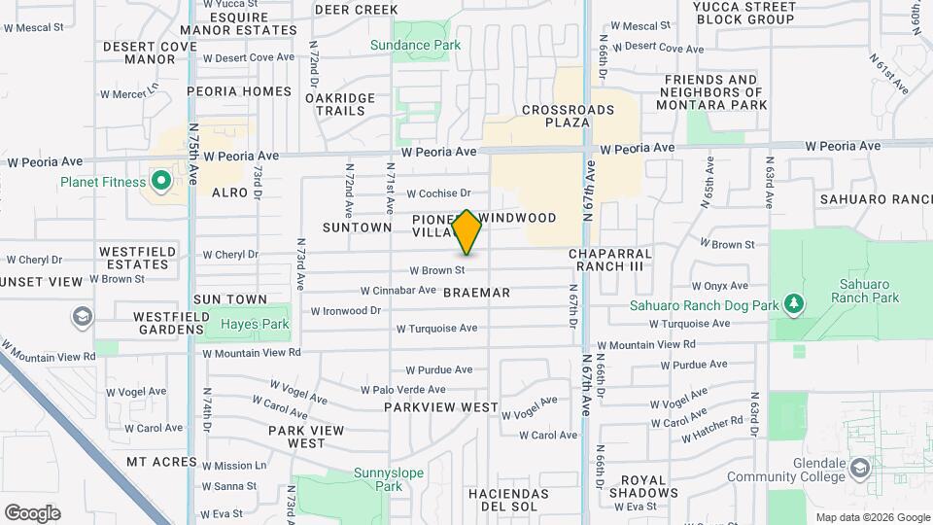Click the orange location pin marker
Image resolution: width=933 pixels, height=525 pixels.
coord(467,231)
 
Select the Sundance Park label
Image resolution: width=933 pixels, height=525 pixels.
coord(414,45)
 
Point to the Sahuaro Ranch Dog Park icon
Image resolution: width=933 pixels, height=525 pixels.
coord(795,305)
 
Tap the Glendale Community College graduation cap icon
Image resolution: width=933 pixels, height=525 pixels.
coord(859,469)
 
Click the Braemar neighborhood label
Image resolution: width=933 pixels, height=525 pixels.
coord(476,292)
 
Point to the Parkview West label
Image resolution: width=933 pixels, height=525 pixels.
coord(440,407)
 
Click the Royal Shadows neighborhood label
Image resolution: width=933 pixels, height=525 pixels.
coord(643,486)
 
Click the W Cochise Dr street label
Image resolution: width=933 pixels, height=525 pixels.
coord(438,193)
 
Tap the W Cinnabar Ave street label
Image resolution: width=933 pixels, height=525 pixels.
coord(397,290)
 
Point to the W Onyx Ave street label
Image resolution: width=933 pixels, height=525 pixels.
coord(720,286)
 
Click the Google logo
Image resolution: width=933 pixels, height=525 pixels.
coord(32,512)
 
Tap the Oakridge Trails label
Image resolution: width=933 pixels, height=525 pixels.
coord(339,104)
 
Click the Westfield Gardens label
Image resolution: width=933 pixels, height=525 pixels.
coord(155,323)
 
